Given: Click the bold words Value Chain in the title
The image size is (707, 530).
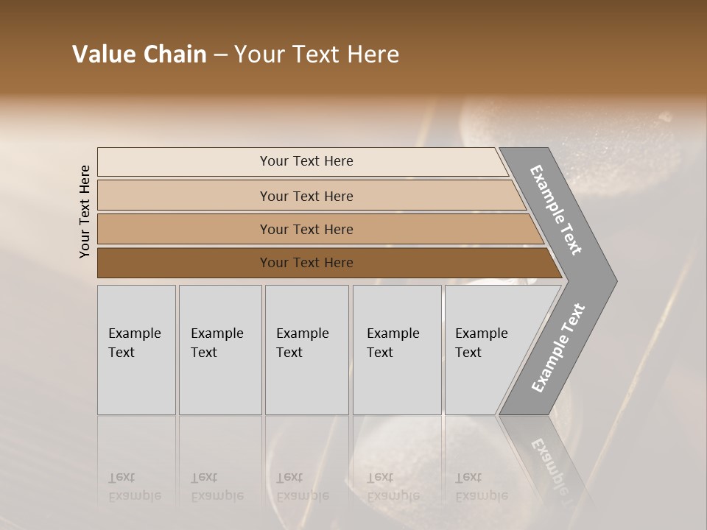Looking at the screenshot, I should click(x=139, y=54).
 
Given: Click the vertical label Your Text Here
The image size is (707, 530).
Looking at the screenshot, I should click(x=85, y=211).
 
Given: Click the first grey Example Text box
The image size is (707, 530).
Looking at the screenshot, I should click(x=136, y=350).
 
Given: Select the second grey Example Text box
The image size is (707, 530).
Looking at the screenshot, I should click(x=219, y=350).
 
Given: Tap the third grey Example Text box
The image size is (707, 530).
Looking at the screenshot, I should click(x=306, y=350).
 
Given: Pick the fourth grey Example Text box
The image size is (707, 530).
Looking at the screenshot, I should click(x=396, y=350).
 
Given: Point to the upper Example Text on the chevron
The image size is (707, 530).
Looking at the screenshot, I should click(x=556, y=210).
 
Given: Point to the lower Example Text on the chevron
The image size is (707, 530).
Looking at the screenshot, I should click(x=557, y=348).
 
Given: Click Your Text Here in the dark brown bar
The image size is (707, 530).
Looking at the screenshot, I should click(x=306, y=263).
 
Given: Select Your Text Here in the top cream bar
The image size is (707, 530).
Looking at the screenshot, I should click(x=306, y=161).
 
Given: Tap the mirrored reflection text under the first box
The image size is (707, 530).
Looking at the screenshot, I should click(x=134, y=486).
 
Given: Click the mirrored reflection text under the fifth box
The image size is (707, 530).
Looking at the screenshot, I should click(x=481, y=486).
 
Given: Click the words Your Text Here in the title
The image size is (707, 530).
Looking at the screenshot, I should click(x=317, y=54).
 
